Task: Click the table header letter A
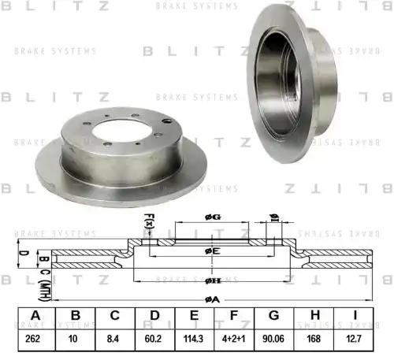click(35, 316)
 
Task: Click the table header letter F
click(235, 316)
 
